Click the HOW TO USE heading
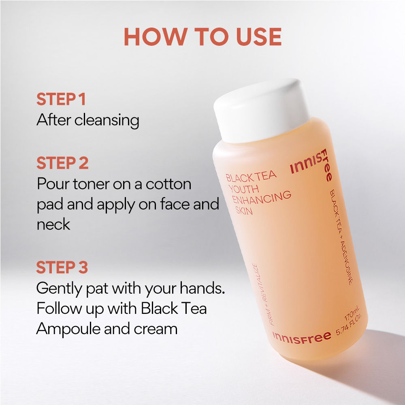point(203,37)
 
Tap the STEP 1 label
point(61,99)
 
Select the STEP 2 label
point(62,163)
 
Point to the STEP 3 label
point(62,267)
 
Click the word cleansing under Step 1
point(107,121)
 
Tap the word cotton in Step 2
point(168,184)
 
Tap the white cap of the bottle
point(262,111)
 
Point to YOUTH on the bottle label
point(244,189)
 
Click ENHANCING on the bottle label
point(261,198)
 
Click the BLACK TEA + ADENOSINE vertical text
point(341,237)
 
